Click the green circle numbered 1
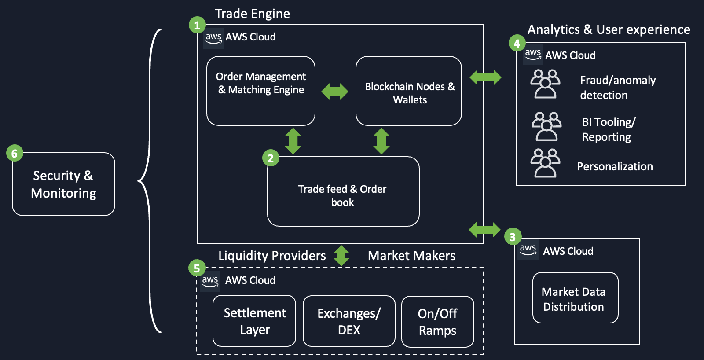click(197, 25)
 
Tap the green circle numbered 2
click(271, 158)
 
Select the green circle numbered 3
click(513, 237)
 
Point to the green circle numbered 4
click(517, 43)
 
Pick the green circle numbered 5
click(197, 268)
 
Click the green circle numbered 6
click(15, 153)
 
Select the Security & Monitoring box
click(63, 184)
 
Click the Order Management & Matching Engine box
click(261, 91)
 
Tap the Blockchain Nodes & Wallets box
click(409, 91)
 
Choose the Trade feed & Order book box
click(343, 192)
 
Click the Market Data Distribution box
click(575, 298)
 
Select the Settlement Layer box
click(254, 321)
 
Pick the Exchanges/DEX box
click(349, 321)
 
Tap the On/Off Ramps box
click(437, 322)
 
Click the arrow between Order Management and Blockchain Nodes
click(335, 92)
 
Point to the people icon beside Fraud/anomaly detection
click(545, 84)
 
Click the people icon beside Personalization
click(545, 163)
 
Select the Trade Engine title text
click(252, 14)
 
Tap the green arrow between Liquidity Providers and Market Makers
click(341, 256)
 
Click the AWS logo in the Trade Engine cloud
click(213, 38)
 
